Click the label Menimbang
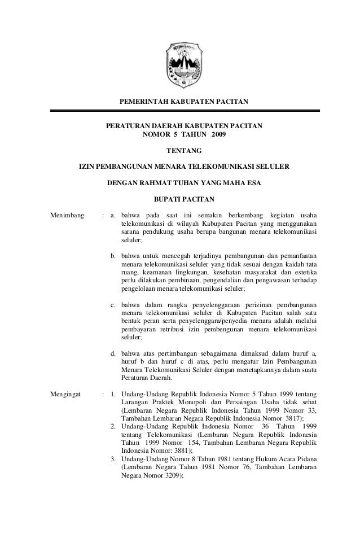click(x=67, y=215)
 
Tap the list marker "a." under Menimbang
click(x=113, y=215)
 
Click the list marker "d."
click(x=113, y=354)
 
